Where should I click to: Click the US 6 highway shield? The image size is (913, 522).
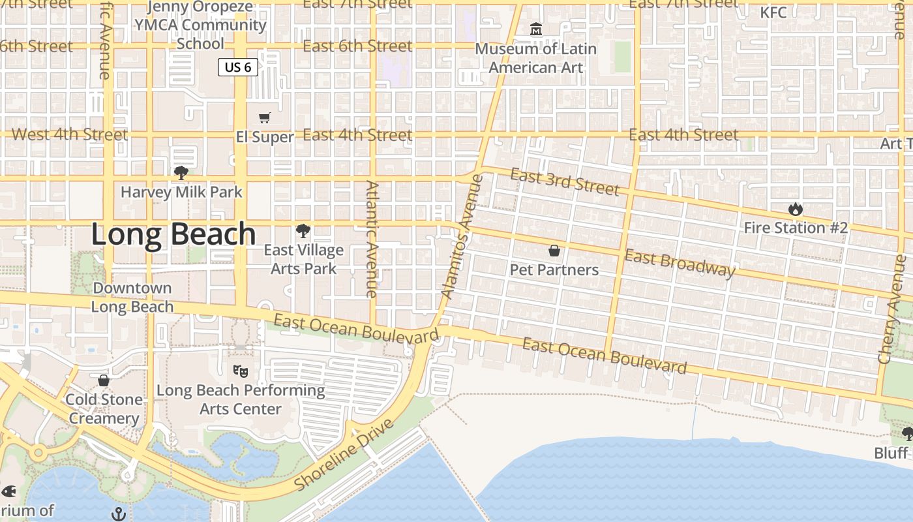[x=238, y=67]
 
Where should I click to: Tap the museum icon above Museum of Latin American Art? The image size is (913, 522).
[x=536, y=29]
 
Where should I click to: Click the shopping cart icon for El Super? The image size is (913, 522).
[x=264, y=118]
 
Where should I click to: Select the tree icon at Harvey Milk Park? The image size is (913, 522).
[x=181, y=173]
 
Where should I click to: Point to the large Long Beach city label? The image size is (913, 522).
[x=173, y=234]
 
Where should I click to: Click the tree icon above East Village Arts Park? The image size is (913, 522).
[x=303, y=231]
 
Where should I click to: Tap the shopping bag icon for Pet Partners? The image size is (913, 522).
[x=554, y=251]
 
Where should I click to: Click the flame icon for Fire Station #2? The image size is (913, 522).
[x=795, y=209]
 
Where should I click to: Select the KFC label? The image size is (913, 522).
[x=773, y=12]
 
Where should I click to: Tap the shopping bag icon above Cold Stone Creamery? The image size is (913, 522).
[x=104, y=380]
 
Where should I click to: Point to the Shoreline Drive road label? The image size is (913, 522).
[x=345, y=455]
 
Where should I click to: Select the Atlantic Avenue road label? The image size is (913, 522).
[x=372, y=239]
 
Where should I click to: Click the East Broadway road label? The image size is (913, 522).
[x=680, y=262]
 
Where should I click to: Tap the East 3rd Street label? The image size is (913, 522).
[x=564, y=182]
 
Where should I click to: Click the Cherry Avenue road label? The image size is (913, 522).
[x=891, y=309]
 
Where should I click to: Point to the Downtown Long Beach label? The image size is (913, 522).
[x=132, y=297]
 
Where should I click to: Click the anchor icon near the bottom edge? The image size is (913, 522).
[x=119, y=514]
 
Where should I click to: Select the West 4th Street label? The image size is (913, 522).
[x=70, y=135]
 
